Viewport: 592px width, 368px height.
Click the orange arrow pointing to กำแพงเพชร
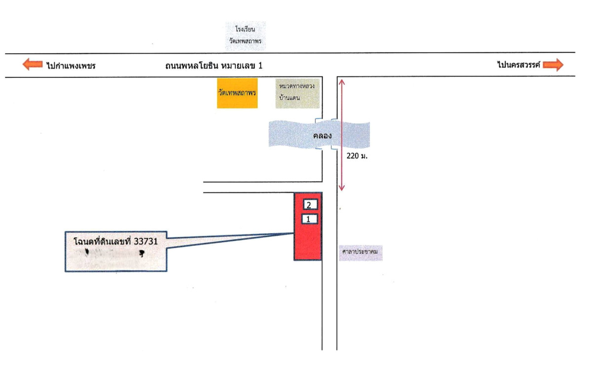33,65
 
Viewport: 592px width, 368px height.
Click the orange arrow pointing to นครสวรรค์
553,65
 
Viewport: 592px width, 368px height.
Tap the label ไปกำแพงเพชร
71,65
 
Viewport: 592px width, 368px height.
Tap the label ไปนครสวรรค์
519,64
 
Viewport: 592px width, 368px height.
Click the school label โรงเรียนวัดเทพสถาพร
245,36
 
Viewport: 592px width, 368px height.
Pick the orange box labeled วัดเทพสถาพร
237,92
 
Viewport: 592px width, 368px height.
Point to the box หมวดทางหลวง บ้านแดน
297,92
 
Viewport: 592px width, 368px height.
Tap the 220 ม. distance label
358,156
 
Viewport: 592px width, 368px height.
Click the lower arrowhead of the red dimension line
341,188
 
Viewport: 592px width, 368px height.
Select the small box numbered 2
309,205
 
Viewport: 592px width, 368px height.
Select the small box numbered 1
309,219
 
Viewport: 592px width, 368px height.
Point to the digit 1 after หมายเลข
260,65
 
